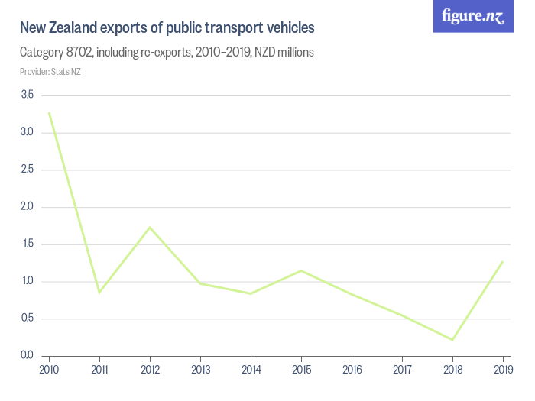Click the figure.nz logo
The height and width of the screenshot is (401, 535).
[x=473, y=16]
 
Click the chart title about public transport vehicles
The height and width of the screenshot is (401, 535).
[x=167, y=28]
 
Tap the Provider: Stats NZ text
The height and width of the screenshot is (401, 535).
[x=50, y=72]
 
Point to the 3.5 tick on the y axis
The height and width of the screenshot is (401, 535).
[x=28, y=95]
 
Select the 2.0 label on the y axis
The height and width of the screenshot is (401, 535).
[x=28, y=207]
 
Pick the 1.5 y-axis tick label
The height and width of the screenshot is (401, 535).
[x=28, y=244]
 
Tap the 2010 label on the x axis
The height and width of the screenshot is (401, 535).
[x=49, y=370]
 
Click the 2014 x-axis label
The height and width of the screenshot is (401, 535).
[x=251, y=370]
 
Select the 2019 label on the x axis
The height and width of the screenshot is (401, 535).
[x=503, y=370]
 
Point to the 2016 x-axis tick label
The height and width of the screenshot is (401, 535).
[x=352, y=370]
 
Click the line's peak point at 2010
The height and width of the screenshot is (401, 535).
[x=49, y=112]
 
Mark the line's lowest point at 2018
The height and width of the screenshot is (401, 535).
[x=452, y=340]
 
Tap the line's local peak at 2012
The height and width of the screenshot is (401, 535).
[x=150, y=227]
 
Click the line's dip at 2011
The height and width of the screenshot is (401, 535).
[x=99, y=293]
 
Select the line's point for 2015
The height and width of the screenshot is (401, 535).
[x=301, y=270]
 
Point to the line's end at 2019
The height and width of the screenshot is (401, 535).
[x=503, y=261]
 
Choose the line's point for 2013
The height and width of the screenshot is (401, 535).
[x=200, y=283]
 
